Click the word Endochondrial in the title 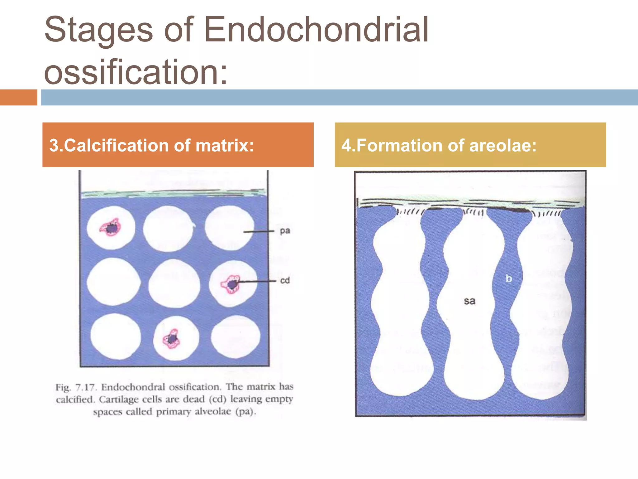click(x=316, y=30)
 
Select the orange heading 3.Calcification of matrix click(x=178, y=145)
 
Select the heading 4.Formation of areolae click(x=470, y=145)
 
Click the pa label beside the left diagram click(x=285, y=231)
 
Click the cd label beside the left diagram click(x=285, y=280)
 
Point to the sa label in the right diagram click(x=469, y=301)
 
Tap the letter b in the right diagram click(x=509, y=278)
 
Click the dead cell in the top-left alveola click(x=111, y=228)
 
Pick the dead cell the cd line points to click(x=231, y=284)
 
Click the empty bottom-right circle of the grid click(x=235, y=337)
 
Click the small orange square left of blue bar click(x=18, y=97)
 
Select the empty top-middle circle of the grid click(x=168, y=228)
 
